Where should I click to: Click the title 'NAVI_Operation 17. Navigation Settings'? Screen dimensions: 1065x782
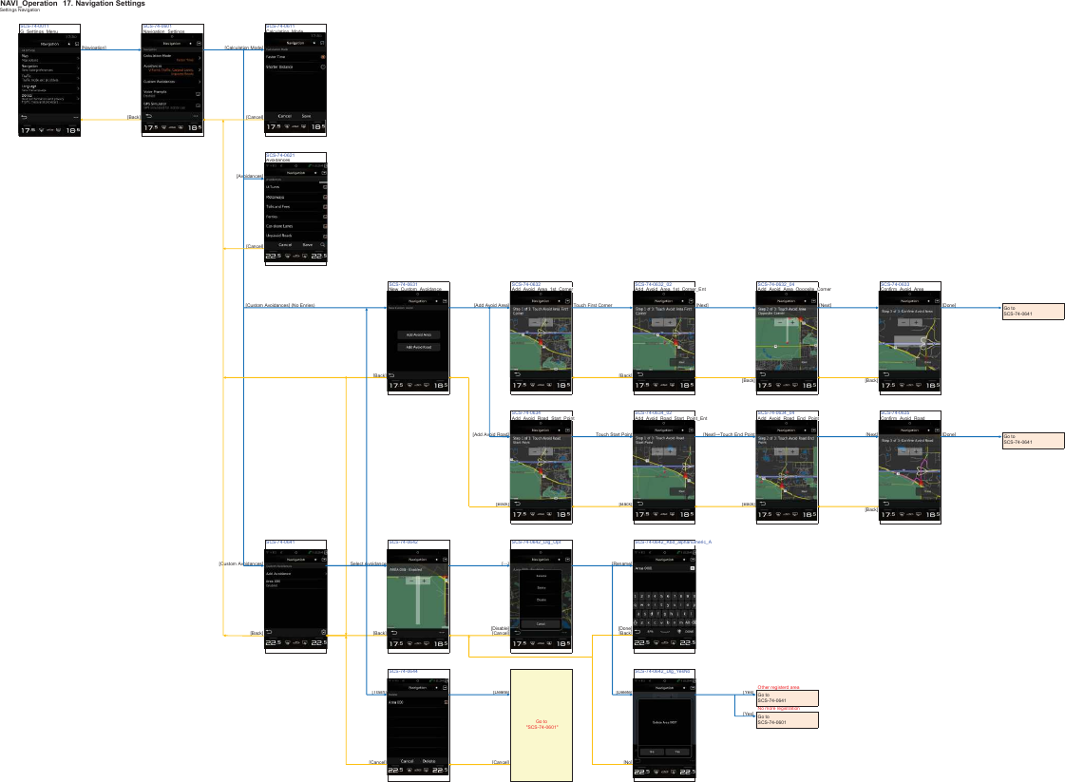[x=73, y=5]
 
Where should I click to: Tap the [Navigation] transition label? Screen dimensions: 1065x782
[x=94, y=48]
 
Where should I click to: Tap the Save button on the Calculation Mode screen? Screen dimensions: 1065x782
[x=306, y=116]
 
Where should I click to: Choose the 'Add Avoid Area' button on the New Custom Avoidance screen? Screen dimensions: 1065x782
[x=418, y=335]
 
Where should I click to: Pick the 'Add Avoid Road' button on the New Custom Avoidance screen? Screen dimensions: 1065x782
[x=418, y=348]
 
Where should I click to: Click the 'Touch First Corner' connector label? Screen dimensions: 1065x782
[x=593, y=306]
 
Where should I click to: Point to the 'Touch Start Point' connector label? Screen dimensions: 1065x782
[x=614, y=434]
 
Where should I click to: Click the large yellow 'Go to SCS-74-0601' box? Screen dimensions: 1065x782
[x=542, y=724]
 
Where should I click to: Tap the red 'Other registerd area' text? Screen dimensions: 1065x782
[x=778, y=686]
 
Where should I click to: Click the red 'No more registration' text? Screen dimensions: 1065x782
[x=778, y=708]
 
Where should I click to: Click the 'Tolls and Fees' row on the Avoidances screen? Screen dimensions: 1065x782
[x=279, y=206]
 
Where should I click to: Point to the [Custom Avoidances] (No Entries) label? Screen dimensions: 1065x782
[x=280, y=306]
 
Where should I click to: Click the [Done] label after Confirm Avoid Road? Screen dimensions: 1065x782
[x=948, y=434]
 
